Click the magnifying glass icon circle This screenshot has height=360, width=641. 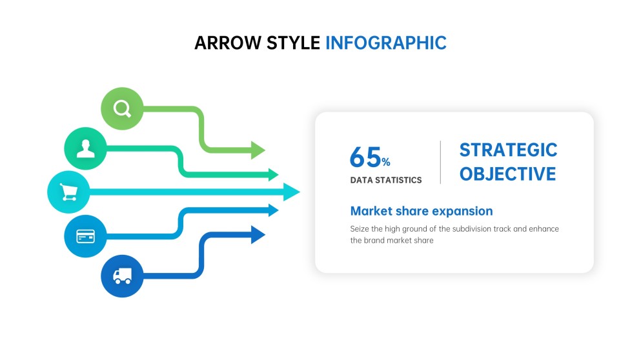click(122, 108)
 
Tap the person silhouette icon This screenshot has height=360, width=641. click(85, 149)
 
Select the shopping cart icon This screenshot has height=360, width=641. click(68, 192)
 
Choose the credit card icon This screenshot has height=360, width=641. click(85, 236)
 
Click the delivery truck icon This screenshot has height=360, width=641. click(122, 276)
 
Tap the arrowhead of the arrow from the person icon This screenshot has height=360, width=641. click(272, 174)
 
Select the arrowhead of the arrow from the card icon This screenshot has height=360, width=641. click(272, 210)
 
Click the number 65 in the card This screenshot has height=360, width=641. click(365, 157)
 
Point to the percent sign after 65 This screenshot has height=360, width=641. click(385, 162)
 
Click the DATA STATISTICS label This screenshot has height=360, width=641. click(385, 180)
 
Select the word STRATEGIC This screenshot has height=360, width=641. click(508, 150)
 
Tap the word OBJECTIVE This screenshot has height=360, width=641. click(507, 174)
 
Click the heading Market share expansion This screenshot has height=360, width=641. click(421, 211)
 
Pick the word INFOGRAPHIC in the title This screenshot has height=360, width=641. click(385, 43)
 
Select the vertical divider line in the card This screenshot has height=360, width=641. click(440, 162)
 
